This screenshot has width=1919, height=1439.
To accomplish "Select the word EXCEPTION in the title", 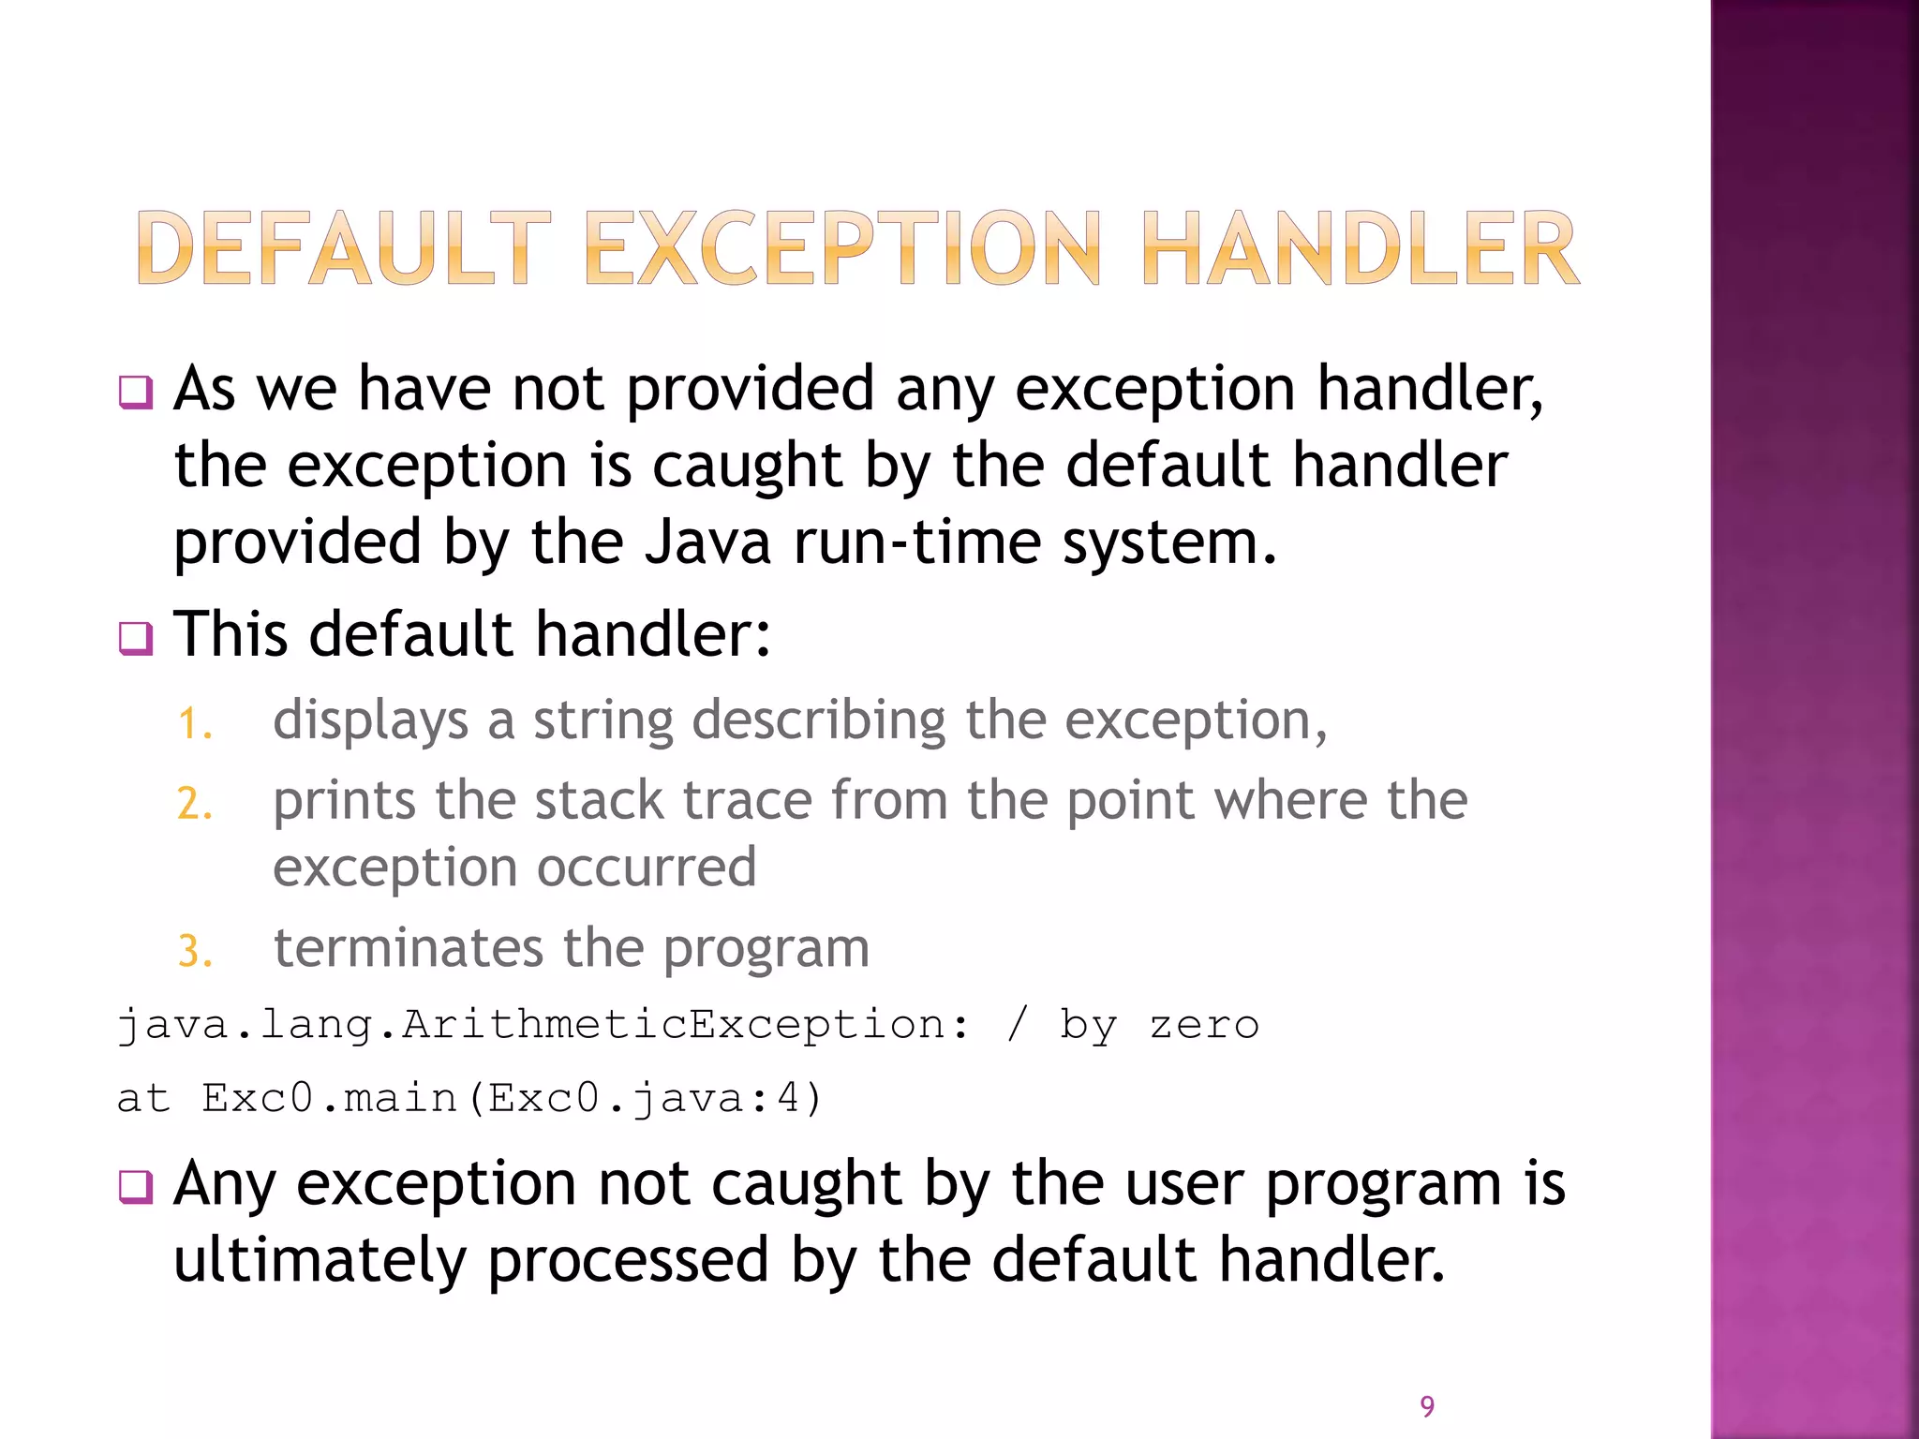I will [x=842, y=248].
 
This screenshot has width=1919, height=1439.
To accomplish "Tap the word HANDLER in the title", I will [x=1361, y=248].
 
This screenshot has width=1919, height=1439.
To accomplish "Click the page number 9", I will [x=1427, y=1406].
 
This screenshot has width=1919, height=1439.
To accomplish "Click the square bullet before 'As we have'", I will [x=136, y=392].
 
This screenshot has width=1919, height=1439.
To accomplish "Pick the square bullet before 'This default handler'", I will [x=136, y=638].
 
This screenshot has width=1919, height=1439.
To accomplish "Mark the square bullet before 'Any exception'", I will [x=136, y=1187].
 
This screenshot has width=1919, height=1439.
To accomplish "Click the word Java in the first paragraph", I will [x=707, y=542].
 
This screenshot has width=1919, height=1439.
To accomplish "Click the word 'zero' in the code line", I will [x=1204, y=1025].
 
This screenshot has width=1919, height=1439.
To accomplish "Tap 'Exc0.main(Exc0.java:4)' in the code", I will [x=512, y=1098].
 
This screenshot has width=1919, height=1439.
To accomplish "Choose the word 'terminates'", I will [x=408, y=948].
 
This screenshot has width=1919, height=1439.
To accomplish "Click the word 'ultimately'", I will [x=320, y=1260].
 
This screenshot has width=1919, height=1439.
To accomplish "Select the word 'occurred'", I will [x=647, y=868].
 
